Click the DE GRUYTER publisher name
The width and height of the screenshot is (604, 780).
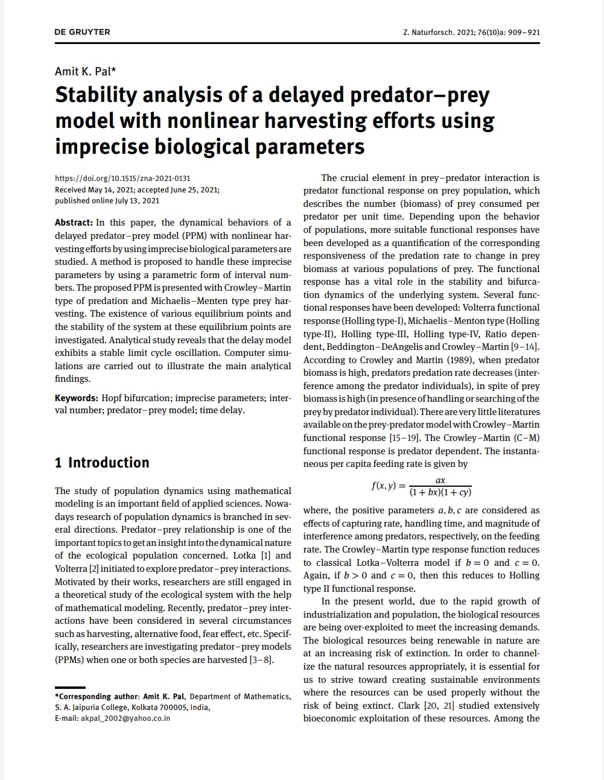coord(82,32)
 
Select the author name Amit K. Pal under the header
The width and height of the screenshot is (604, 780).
coord(85,71)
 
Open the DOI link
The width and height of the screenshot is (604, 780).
coord(122,178)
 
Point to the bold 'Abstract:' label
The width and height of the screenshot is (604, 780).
coord(74,223)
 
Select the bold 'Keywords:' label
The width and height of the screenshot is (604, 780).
coord(76,398)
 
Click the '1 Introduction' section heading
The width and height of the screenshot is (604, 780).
coord(101,463)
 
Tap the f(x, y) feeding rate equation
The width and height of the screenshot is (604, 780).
coord(421,486)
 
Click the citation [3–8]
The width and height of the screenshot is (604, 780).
coord(261,660)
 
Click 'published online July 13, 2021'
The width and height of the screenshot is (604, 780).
coord(107,201)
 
